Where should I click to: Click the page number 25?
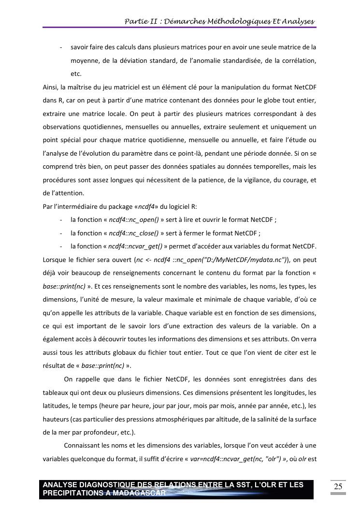coord(338,486)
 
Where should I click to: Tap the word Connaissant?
coord(83,445)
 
